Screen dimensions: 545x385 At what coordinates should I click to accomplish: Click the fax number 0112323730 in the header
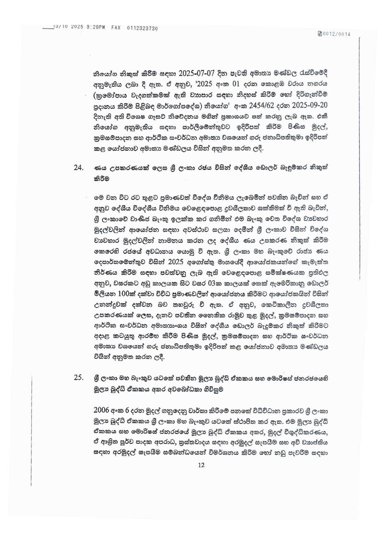point(142,28)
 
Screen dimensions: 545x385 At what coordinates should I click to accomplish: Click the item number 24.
point(79,168)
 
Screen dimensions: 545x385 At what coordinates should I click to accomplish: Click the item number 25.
point(79,378)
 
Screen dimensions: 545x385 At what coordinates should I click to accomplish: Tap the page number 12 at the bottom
point(201,465)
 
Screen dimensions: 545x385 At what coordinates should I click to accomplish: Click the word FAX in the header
point(116,28)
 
